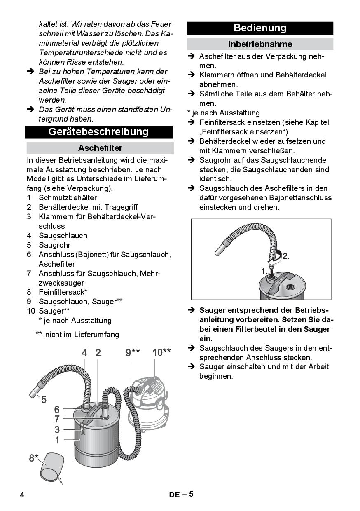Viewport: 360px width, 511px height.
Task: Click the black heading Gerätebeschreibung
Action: pos(98,132)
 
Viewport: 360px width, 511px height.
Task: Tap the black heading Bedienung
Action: pos(260,28)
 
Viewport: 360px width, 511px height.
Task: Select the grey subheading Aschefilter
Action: pos(100,148)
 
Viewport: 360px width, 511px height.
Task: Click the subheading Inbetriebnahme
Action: pos(260,44)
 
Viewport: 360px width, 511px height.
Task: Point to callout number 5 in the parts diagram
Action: pos(44,400)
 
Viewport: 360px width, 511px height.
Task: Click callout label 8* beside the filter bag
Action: pos(34,458)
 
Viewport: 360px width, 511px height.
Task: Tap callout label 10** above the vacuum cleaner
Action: pos(161,352)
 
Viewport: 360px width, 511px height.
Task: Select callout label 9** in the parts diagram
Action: pos(133,353)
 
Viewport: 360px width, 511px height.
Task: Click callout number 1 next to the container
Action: pos(57,440)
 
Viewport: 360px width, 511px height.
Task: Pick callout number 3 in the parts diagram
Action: pos(57,429)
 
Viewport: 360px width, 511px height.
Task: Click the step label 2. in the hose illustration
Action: pos(286,256)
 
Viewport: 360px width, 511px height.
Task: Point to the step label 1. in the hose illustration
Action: pos(264,271)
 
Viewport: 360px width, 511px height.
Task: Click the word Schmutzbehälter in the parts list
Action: pos(68,197)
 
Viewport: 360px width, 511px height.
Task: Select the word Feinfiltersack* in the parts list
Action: pos(63,292)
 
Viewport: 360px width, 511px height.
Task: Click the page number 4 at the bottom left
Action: pos(22,495)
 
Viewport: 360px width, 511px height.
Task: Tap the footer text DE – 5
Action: pos(181,494)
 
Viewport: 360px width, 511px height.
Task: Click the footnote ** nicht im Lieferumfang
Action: pos(77,335)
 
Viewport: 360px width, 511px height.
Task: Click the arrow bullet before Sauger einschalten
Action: pos(191,367)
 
